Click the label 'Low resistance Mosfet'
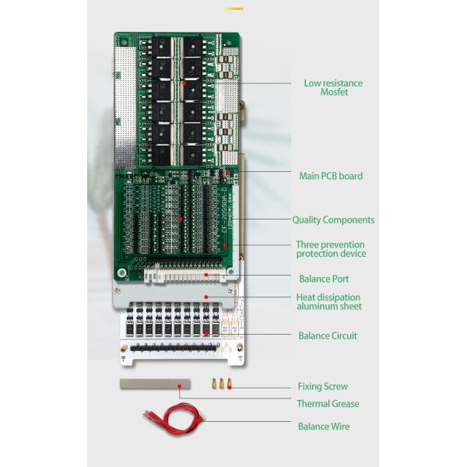[332, 88]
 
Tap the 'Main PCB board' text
[331, 176]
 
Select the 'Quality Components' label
[333, 220]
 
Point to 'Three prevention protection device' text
[331, 249]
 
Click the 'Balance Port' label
[324, 279]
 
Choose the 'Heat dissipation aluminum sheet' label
[328, 302]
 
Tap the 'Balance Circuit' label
[328, 336]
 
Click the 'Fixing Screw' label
[322, 386]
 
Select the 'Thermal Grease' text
[328, 404]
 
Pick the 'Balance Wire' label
[324, 427]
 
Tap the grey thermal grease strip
[155, 384]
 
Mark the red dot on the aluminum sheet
[205, 297]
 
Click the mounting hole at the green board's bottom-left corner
[121, 273]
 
